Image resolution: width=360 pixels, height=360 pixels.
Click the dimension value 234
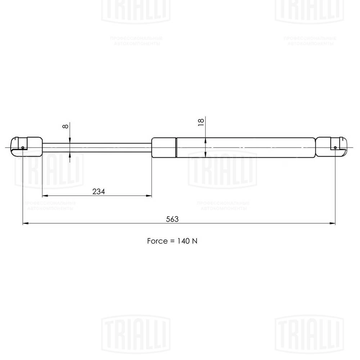pyautogui.click(x=99, y=192)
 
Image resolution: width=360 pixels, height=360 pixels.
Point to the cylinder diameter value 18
pyautogui.click(x=201, y=121)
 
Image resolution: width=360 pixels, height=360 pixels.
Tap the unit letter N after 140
pyautogui.click(x=194, y=241)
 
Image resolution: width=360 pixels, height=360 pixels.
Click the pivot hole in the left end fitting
pyautogui.click(x=23, y=147)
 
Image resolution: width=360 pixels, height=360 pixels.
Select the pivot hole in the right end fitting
pyautogui.click(x=335, y=147)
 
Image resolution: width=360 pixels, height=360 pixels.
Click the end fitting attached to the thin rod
pyautogui.click(x=27, y=147)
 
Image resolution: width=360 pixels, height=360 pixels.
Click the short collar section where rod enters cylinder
pyautogui.click(x=164, y=147)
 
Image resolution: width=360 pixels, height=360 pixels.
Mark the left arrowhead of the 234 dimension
pyautogui.click(x=45, y=196)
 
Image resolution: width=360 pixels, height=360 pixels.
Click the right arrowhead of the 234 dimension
pyautogui.click(x=149, y=196)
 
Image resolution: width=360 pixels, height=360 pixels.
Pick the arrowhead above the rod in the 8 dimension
pyautogui.click(x=71, y=141)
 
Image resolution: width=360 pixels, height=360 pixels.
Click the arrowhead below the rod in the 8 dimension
pyautogui.click(x=71, y=154)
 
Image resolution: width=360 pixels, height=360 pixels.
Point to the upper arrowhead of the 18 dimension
pyautogui.click(x=205, y=140)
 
